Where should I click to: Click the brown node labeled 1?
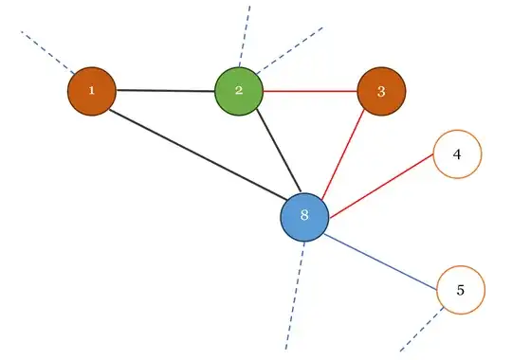(92, 91)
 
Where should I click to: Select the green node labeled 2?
(239, 92)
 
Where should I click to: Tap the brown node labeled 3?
(381, 92)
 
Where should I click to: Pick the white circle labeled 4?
(457, 153)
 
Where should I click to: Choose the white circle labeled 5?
(461, 290)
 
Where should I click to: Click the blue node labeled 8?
(304, 217)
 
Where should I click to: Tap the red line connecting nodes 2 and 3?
(309, 92)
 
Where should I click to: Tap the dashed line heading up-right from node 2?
(289, 48)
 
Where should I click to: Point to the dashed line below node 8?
(294, 294)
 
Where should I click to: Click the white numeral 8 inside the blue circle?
(304, 217)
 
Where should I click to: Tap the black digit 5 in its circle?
(461, 290)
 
